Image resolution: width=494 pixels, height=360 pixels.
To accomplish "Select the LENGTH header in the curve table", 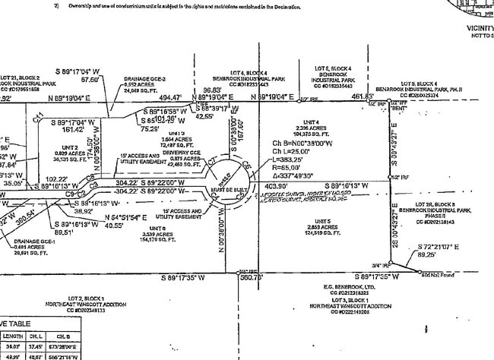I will [13, 335].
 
